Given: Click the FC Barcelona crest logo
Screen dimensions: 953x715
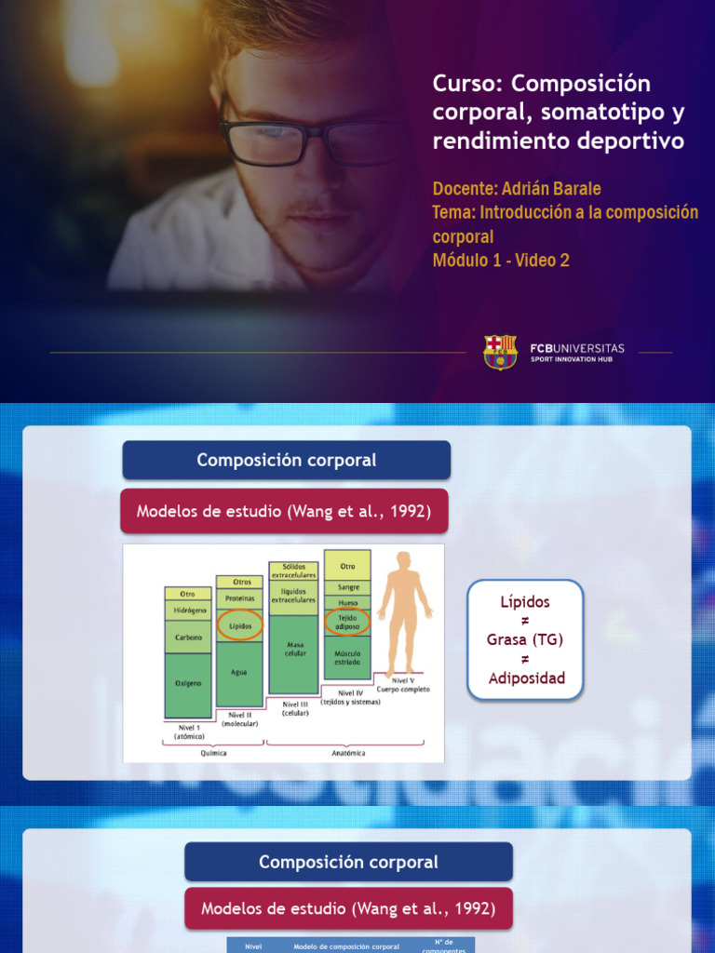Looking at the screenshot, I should [x=500, y=352].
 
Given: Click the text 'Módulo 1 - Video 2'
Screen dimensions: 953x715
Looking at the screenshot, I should [x=501, y=261].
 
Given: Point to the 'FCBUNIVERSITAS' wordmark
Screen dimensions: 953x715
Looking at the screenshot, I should [x=577, y=348].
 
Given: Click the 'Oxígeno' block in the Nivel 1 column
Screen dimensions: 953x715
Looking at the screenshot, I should [x=188, y=684].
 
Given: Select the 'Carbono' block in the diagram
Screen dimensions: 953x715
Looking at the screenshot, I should [x=188, y=638].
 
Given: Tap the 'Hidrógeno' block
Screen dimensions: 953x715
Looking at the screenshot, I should [x=188, y=611].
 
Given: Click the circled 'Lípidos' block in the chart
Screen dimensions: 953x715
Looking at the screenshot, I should [x=240, y=626].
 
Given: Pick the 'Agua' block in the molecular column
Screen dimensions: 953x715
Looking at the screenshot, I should [x=240, y=672].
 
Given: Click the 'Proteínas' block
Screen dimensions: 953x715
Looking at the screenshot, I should [x=240, y=598].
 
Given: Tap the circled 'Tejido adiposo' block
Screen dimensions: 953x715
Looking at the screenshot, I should [x=347, y=621].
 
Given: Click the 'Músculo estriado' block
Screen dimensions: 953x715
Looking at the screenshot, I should [x=347, y=657].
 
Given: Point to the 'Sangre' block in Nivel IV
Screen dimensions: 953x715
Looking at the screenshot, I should [x=347, y=587].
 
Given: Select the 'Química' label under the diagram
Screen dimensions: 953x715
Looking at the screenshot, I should [x=214, y=753].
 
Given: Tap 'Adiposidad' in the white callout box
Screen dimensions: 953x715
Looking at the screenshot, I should [x=526, y=678].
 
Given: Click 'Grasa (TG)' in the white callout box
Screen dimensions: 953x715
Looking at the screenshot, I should [x=525, y=640].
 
